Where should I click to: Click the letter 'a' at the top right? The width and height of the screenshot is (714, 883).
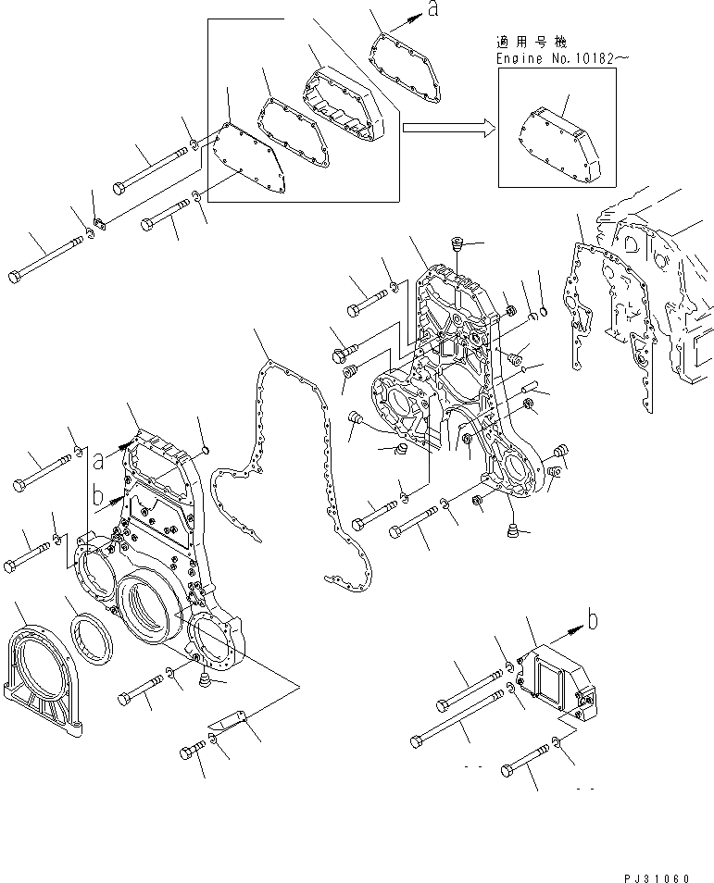tap(432, 9)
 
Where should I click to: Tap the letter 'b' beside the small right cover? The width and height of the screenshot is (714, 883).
tap(593, 617)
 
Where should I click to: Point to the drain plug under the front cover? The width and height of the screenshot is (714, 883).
tap(201, 682)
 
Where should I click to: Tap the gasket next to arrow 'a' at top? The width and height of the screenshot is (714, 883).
tap(407, 65)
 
